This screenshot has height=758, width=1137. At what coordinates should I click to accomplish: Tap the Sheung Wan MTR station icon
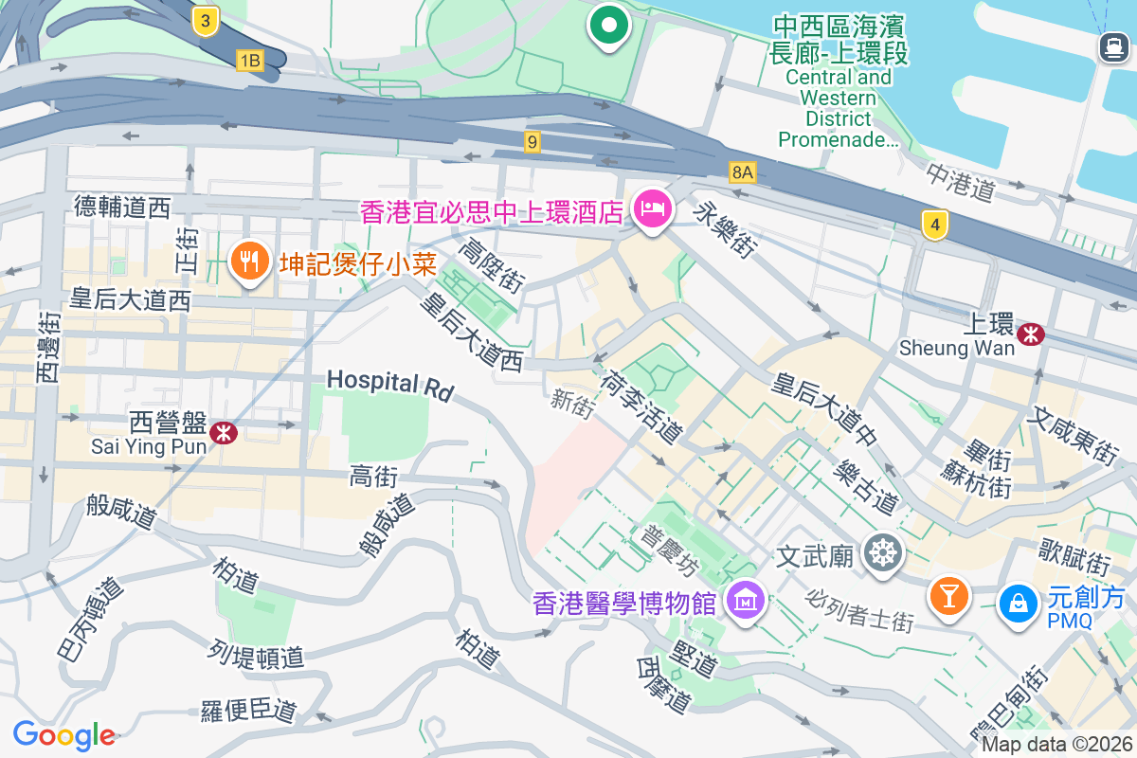coord(1030,334)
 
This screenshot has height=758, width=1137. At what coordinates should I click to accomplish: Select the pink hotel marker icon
coord(653,208)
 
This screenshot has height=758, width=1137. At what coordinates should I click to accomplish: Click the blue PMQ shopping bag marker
coord(1018,602)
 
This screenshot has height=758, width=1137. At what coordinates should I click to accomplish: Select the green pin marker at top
coord(610,25)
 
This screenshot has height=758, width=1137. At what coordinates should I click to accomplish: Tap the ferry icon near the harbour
coord(1112,47)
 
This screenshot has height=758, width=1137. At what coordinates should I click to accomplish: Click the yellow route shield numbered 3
coord(205,21)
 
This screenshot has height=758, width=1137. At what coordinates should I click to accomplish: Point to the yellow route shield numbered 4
coord(935,225)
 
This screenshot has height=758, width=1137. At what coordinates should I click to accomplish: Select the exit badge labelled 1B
coord(249,62)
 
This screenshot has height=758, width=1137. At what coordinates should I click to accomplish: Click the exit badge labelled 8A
coord(743,171)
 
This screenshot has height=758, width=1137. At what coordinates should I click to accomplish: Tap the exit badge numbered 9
coord(532,142)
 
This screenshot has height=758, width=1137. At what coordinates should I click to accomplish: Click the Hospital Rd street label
coord(390,384)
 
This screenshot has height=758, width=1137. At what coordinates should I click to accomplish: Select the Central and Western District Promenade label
coord(839,95)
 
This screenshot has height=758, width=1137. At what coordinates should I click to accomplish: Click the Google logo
coord(63,734)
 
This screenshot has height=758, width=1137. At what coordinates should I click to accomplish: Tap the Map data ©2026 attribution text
coord(1056,745)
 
